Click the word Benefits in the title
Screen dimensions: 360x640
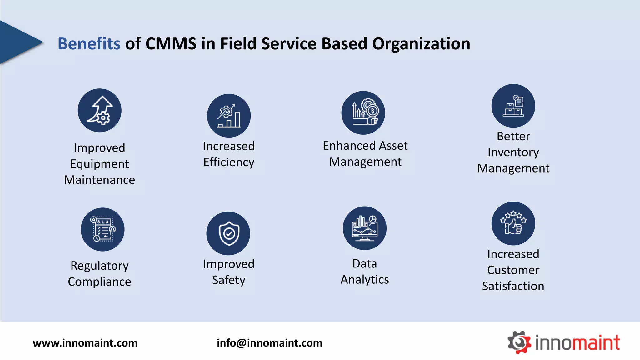[89, 44]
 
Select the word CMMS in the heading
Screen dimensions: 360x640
[171, 44]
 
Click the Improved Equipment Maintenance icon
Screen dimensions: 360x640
[100, 110]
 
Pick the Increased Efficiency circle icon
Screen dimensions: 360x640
[229, 116]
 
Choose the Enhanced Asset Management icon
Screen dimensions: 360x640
[363, 113]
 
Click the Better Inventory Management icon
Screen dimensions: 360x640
[513, 106]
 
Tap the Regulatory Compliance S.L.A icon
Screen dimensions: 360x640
[102, 229]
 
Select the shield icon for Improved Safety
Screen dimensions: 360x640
[228, 233]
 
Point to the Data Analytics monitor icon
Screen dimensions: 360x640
[365, 228]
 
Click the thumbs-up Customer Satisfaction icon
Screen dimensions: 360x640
[513, 223]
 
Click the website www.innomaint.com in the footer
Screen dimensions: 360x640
[85, 343]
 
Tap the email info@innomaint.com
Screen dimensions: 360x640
[269, 343]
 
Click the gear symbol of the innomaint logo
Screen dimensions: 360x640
[519, 342]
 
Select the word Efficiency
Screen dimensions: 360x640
[229, 162]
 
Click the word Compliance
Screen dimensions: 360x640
[99, 282]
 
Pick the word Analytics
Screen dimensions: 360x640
[365, 280]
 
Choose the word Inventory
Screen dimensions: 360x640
[513, 152]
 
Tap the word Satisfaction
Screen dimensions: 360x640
[513, 286]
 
